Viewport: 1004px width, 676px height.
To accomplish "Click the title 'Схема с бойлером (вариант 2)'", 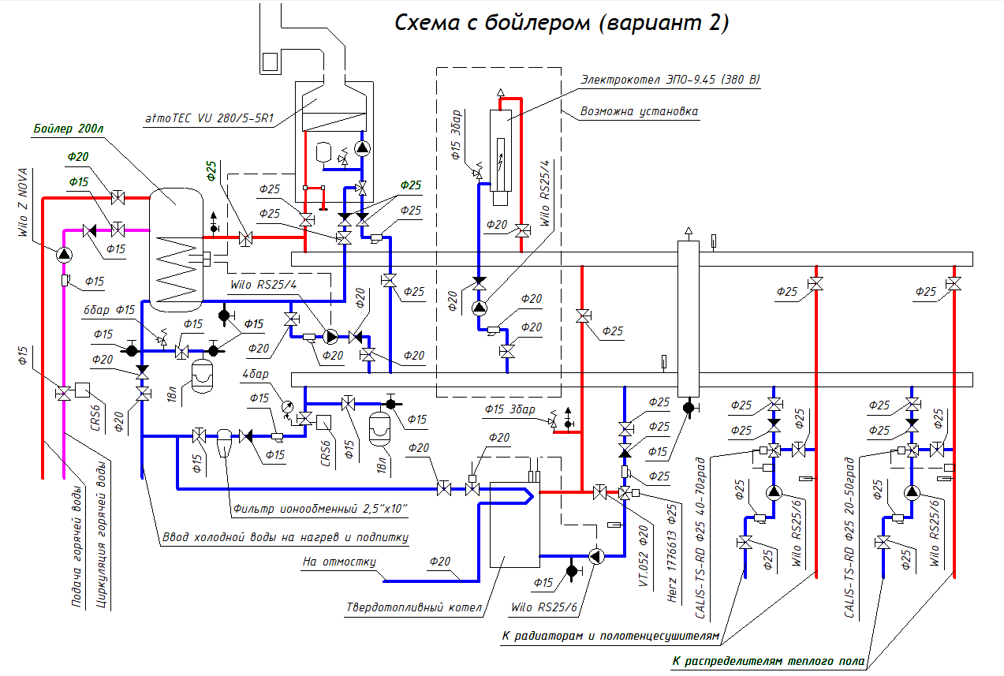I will (x=561, y=23).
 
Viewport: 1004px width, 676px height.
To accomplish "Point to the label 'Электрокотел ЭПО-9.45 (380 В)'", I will (x=670, y=80).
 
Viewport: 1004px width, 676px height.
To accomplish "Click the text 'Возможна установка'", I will (x=639, y=112).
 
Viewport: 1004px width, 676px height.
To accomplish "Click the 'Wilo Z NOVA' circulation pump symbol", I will (x=63, y=254).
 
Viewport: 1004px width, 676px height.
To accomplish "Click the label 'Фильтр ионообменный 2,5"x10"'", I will (x=319, y=510).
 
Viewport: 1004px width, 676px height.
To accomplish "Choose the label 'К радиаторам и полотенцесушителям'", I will (x=610, y=635).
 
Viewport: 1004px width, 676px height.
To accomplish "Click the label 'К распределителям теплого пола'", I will (x=768, y=661).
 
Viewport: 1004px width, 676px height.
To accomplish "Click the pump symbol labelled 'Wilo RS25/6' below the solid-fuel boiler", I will (x=597, y=556).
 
